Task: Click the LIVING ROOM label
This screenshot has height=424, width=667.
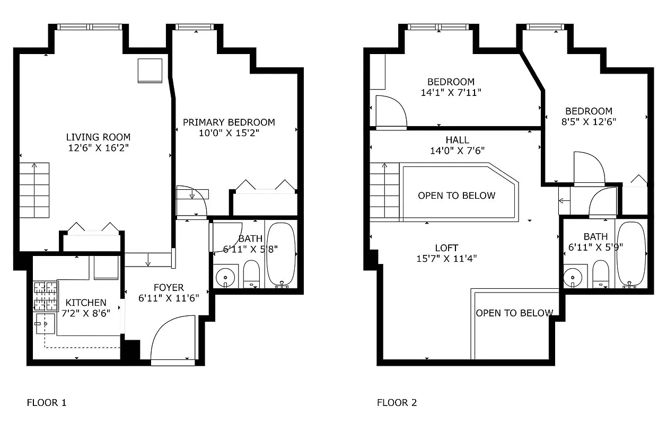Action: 98,137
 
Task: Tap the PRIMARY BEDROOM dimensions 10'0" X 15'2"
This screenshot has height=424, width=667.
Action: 229,133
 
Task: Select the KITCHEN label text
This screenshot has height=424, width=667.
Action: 86,303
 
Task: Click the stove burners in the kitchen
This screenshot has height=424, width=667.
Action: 46,296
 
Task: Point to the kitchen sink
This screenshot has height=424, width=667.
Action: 46,323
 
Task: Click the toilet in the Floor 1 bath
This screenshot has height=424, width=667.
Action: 251,273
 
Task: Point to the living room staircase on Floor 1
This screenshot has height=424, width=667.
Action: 35,190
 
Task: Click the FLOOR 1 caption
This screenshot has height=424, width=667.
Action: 47,403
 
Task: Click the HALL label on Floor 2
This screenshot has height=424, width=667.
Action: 457,140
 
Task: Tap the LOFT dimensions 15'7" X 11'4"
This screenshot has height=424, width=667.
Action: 446,259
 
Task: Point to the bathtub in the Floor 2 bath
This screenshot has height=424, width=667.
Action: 631,253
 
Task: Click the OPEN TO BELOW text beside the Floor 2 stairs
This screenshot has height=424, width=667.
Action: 457,196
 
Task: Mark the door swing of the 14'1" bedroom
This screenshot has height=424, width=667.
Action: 391,112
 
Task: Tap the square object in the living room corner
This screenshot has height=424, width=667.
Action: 150,70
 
